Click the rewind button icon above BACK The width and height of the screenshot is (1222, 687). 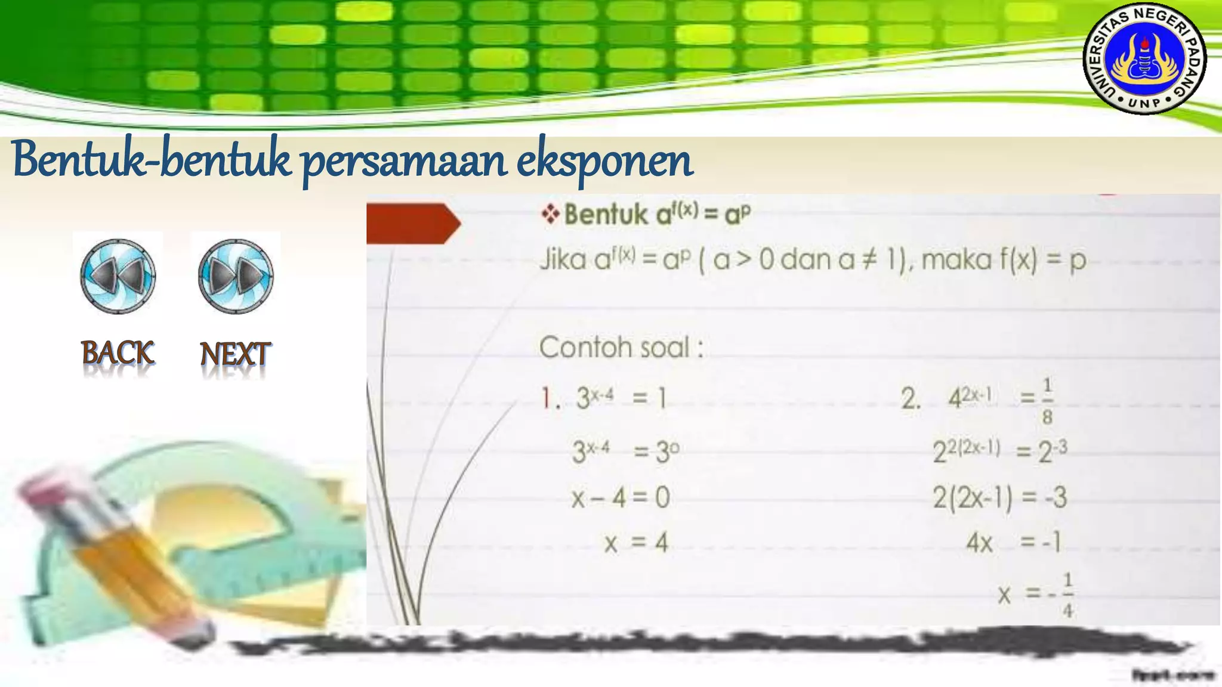click(x=118, y=276)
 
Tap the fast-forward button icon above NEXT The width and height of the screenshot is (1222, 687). click(x=236, y=276)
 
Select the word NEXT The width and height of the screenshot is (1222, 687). click(x=235, y=354)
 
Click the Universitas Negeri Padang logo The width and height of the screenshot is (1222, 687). click(x=1144, y=59)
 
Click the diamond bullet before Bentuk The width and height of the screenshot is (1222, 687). click(x=550, y=213)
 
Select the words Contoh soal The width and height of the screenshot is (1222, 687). click(x=621, y=347)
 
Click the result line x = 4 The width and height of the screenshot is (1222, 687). click(x=636, y=543)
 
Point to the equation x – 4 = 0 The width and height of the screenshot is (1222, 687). click(x=621, y=497)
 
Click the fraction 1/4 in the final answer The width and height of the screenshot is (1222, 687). click(x=1067, y=595)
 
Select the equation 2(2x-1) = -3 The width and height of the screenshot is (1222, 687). click(x=999, y=497)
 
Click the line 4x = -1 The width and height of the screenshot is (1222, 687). click(x=1013, y=543)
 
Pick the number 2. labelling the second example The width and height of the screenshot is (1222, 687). click(x=911, y=398)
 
